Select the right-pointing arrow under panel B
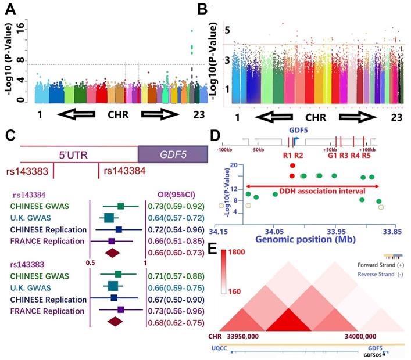click(x=363, y=126)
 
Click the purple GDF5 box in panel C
click(x=171, y=154)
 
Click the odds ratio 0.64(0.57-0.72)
click(x=179, y=218)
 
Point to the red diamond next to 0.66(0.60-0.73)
click(x=111, y=253)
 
